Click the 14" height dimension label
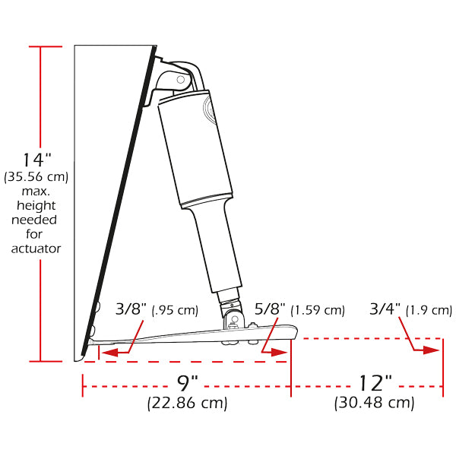[36, 160]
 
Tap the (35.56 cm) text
[36, 177]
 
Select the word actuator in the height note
[36, 248]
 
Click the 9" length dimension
[187, 383]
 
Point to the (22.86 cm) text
[187, 403]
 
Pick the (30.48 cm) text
[374, 403]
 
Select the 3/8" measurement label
[131, 309]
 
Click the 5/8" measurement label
[270, 309]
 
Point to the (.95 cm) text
[175, 310]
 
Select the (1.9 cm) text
[429, 310]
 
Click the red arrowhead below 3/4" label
[432, 350]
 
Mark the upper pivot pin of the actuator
[180, 79]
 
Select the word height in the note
[36, 205]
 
